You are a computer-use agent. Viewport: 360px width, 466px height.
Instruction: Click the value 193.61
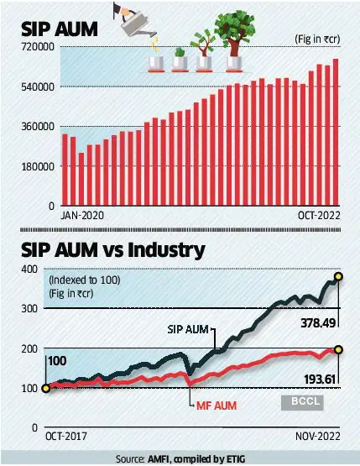(x=321, y=380)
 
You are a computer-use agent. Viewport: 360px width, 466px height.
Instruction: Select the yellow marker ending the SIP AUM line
(x=339, y=276)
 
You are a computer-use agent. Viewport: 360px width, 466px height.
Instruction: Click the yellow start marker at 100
(x=44, y=388)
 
